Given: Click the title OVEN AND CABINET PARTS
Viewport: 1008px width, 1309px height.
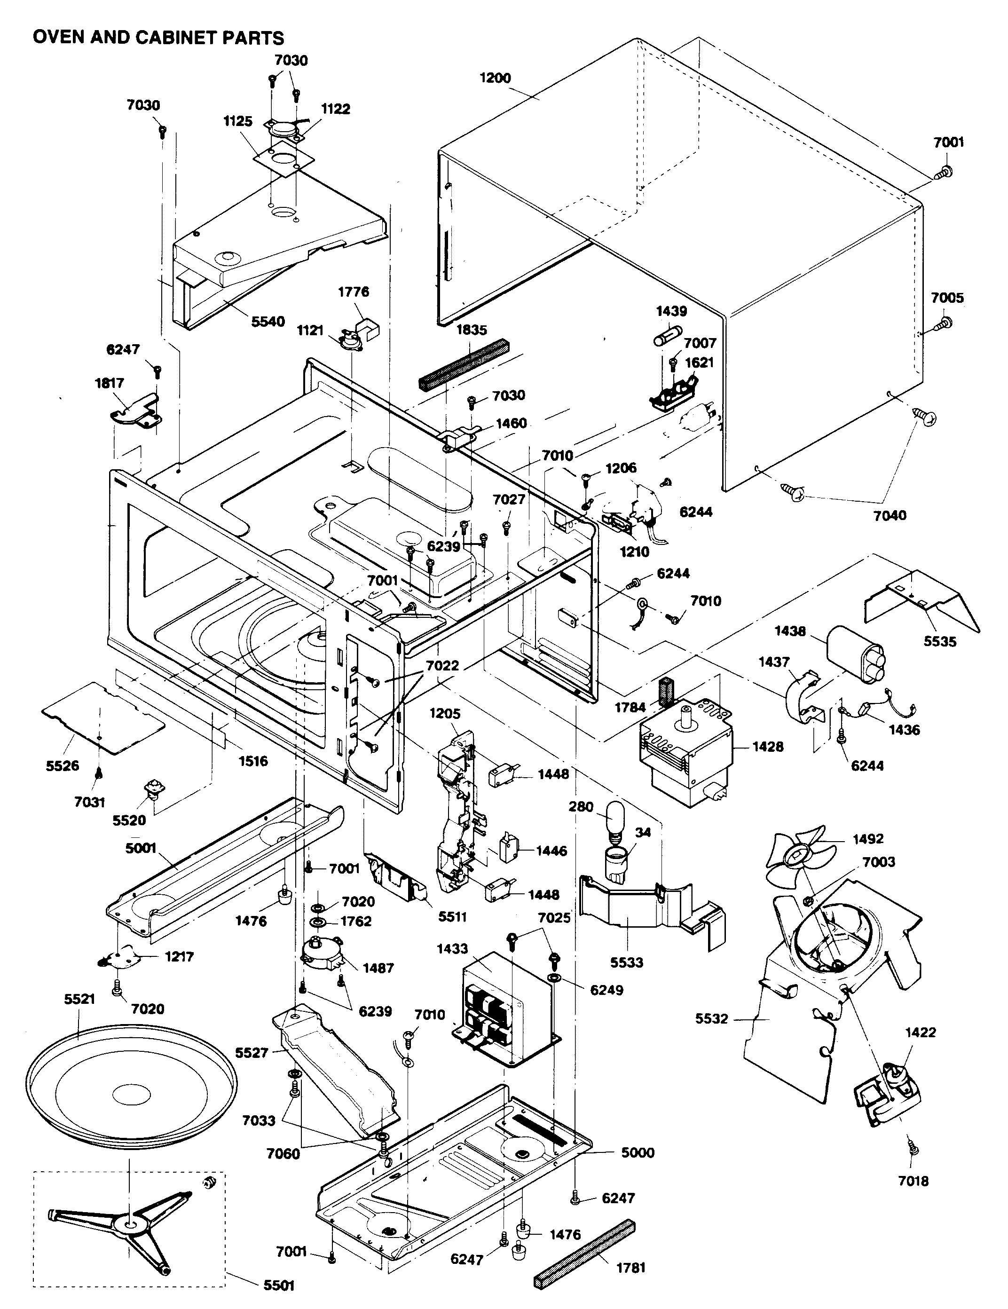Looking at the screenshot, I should [158, 38].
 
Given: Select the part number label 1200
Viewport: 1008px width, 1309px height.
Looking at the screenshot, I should [495, 78].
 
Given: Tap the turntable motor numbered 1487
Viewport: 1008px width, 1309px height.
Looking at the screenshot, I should [321, 953].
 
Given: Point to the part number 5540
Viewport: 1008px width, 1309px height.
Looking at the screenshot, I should [268, 322].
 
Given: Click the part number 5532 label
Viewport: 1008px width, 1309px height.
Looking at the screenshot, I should [711, 1019].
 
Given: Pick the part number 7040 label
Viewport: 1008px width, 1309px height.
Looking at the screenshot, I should [890, 515].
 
